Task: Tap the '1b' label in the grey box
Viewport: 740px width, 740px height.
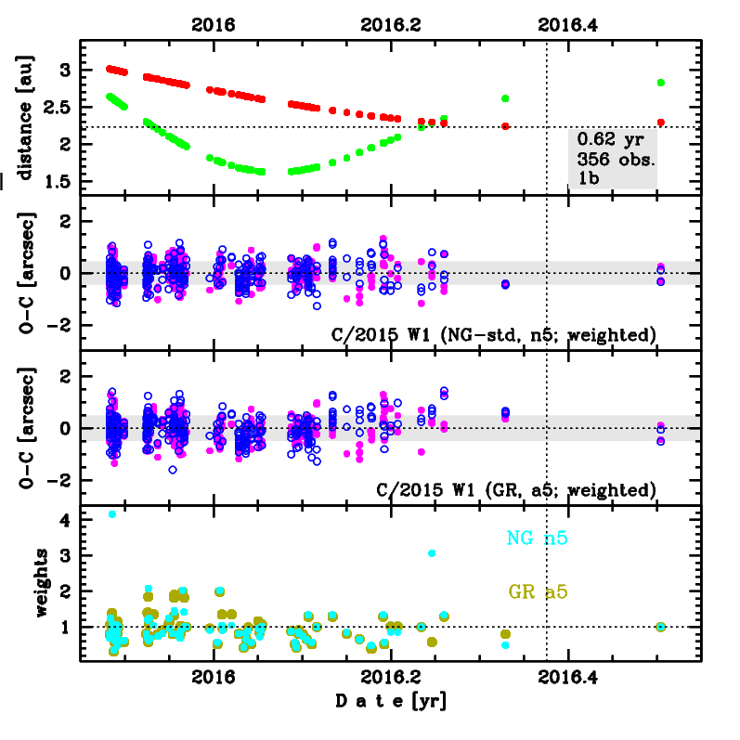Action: click(589, 178)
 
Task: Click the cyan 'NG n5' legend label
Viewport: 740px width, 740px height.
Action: click(538, 538)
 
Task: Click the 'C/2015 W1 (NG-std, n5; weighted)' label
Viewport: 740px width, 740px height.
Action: click(494, 333)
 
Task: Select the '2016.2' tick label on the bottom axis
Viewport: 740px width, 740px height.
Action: click(391, 678)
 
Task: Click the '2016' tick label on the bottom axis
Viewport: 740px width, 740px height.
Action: click(213, 678)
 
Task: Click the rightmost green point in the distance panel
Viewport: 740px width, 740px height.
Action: click(660, 83)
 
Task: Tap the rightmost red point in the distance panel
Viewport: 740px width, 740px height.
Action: click(660, 122)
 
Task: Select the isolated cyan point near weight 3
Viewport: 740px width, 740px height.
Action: click(432, 553)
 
